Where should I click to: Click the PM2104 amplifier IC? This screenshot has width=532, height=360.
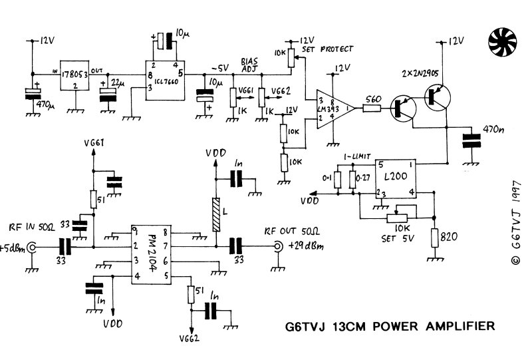pyautogui.click(x=151, y=254)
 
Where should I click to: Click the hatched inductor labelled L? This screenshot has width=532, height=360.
pyautogui.click(x=215, y=214)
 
